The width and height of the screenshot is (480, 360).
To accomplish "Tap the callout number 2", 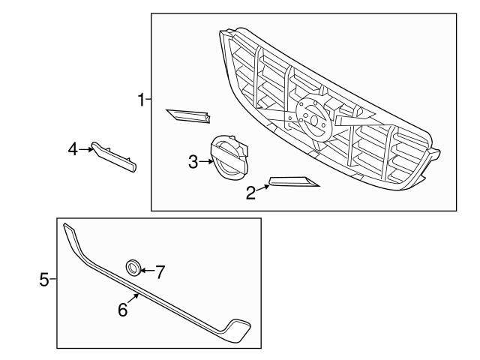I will click(250, 193).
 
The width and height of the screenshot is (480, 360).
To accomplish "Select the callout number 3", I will click(193, 161).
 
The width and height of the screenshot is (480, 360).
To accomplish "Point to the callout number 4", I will click(73, 150).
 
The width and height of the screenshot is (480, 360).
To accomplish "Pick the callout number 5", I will click(43, 280).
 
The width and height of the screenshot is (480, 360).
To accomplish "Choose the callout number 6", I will click(123, 308).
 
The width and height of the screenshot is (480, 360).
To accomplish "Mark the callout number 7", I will click(159, 271).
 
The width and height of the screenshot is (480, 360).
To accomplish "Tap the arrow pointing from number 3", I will click(205, 160).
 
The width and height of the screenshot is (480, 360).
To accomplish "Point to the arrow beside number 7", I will click(145, 270).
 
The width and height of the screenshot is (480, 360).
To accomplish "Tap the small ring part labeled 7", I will click(132, 267).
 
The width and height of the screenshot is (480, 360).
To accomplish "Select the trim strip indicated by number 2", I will click(294, 181).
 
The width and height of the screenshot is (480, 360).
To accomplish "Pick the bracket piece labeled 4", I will click(114, 156).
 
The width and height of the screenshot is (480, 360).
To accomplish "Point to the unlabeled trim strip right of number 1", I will click(188, 115).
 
